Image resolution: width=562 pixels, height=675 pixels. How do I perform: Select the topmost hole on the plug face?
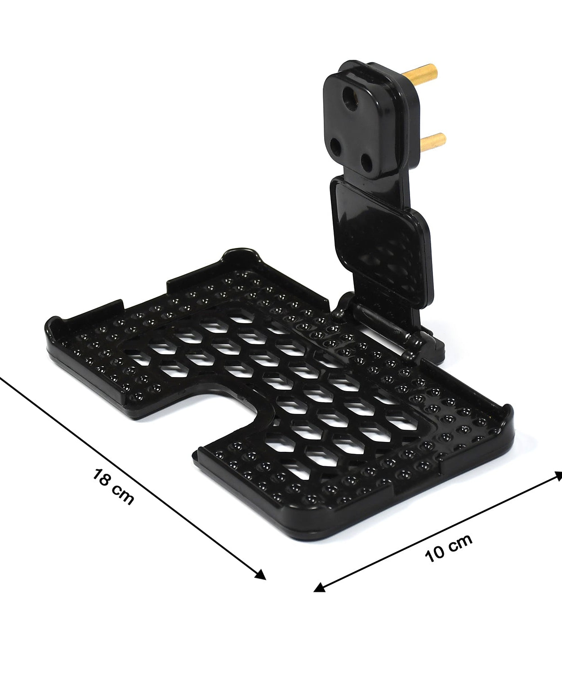[x=348, y=94]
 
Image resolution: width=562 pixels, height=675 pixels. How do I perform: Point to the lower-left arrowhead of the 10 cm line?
[x=319, y=587]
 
